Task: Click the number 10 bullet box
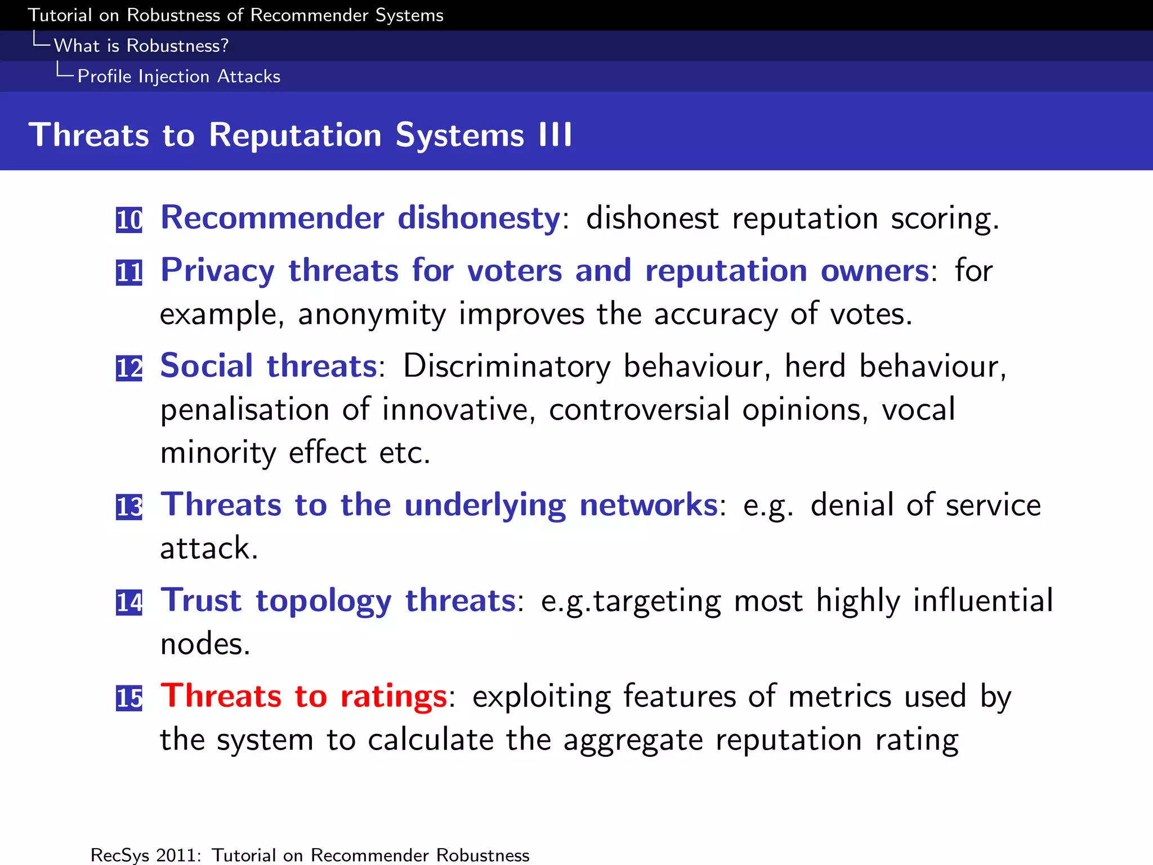coord(129,220)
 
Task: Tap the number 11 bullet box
coord(129,273)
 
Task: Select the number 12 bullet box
coord(129,368)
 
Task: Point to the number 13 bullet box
coord(129,506)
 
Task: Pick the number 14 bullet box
coord(129,602)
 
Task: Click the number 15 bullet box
coord(129,698)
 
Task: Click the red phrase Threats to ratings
coord(304,696)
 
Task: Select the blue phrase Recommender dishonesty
coord(360,217)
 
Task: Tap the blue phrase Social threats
coord(269,366)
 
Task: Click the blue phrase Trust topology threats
coord(338,600)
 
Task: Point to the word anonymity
coord(372,314)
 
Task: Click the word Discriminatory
coord(507,366)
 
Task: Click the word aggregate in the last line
coord(633,740)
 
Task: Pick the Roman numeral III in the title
coord(555,135)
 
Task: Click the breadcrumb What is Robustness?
coord(141,46)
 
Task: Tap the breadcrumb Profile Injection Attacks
coord(178,77)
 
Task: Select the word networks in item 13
coord(649,505)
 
